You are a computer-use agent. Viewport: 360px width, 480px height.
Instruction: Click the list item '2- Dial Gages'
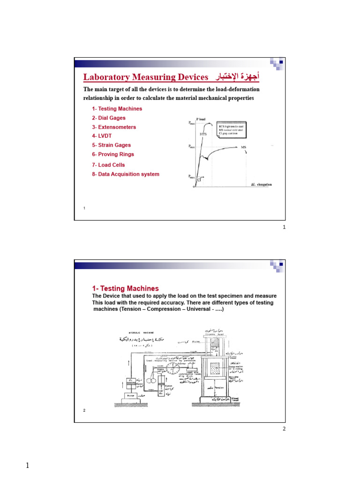(x=109, y=118)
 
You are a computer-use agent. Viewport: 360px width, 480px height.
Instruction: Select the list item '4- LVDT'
(x=102, y=136)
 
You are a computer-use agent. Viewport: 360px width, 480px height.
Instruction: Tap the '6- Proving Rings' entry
(x=113, y=154)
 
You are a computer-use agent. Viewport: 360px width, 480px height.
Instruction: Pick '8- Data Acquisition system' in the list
(x=126, y=174)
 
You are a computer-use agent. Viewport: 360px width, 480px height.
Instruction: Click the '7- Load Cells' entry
(x=108, y=165)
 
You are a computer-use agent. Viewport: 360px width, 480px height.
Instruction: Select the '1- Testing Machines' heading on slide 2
(x=125, y=289)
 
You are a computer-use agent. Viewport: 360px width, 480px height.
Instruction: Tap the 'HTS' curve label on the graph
(x=203, y=134)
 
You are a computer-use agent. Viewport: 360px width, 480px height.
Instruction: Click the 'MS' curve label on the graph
(x=243, y=147)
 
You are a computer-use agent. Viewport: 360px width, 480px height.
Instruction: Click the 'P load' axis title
(x=201, y=119)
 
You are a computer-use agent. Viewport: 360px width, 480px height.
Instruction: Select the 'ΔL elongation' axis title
(x=261, y=185)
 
